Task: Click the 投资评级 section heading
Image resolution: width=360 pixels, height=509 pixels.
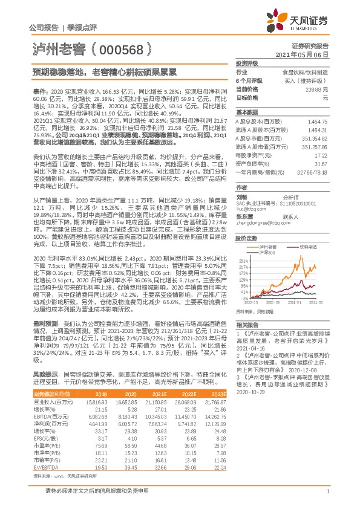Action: tap(247, 63)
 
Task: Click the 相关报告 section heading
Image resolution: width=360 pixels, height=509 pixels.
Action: tap(247, 325)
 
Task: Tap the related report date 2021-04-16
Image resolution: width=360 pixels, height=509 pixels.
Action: tap(250, 348)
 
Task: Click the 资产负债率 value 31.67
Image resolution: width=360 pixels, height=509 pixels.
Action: tap(321, 163)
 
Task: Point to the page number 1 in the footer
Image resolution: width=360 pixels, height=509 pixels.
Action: tap(327, 491)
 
